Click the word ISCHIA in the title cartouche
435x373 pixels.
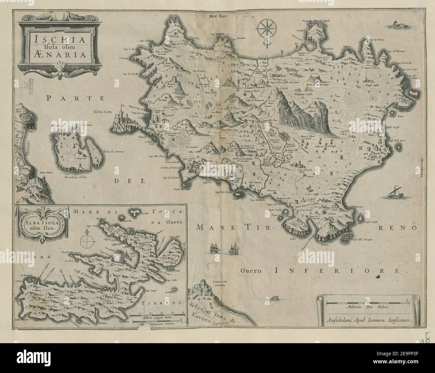tap(53, 39)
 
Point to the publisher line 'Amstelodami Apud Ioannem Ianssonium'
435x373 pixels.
tap(367, 320)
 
